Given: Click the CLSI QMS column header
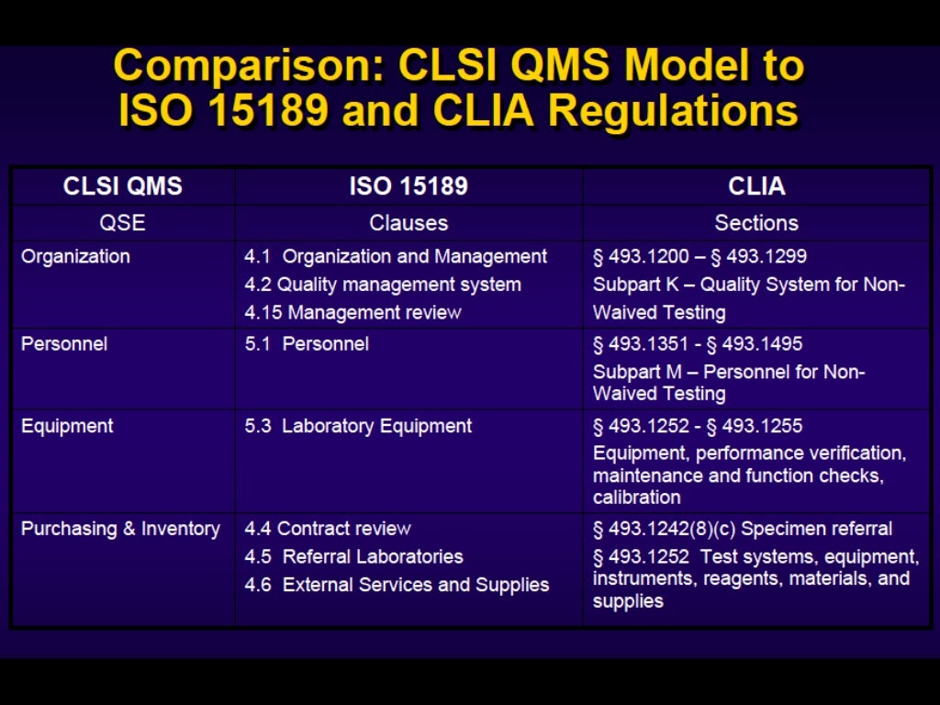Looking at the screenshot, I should (x=122, y=186).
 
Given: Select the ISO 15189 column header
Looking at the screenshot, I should (x=408, y=186).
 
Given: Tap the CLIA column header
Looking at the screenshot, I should (x=756, y=186).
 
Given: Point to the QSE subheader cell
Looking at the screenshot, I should (x=122, y=223).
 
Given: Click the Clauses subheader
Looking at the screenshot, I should (x=408, y=223).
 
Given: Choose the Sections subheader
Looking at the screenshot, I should (x=756, y=223).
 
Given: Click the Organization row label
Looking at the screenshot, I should (x=75, y=257).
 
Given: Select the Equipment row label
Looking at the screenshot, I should (x=67, y=426).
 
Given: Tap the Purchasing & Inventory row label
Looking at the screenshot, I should (x=120, y=529).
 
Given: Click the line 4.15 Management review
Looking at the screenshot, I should (x=352, y=313).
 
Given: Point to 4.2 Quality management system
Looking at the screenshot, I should (x=383, y=285).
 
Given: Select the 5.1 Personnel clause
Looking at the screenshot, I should (x=307, y=344).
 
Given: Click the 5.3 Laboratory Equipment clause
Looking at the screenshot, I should (x=358, y=426).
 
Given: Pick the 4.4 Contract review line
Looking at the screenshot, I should (x=328, y=529).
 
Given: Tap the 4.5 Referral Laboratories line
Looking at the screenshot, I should (x=353, y=556).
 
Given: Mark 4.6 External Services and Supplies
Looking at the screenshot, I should (x=397, y=585).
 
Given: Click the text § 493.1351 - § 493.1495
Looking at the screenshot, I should (x=698, y=344).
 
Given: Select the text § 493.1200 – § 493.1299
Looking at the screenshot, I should (x=699, y=257).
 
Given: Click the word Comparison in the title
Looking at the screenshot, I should (x=249, y=66).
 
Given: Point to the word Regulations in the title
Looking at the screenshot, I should (x=673, y=111).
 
